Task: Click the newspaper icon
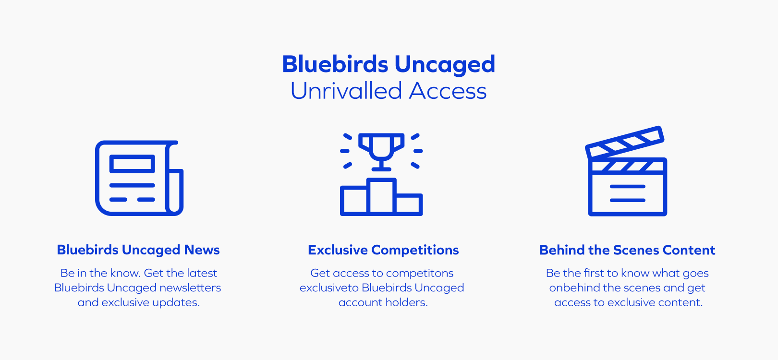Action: pyautogui.click(x=139, y=178)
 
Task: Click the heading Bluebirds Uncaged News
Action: pyautogui.click(x=138, y=250)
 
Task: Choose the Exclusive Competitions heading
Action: pyautogui.click(x=383, y=250)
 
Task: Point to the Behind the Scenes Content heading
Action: pyautogui.click(x=627, y=250)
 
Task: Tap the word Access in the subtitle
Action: pyautogui.click(x=448, y=91)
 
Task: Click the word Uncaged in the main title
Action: pyautogui.click(x=444, y=64)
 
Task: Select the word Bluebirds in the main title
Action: pyautogui.click(x=335, y=64)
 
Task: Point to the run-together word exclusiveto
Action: pyautogui.click(x=329, y=288)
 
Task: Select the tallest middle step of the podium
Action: pyautogui.click(x=381, y=196)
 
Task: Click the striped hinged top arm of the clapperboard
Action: pyautogui.click(x=624, y=142)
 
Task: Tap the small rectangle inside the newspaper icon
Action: pyautogui.click(x=132, y=164)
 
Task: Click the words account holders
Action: pyautogui.click(x=383, y=302)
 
